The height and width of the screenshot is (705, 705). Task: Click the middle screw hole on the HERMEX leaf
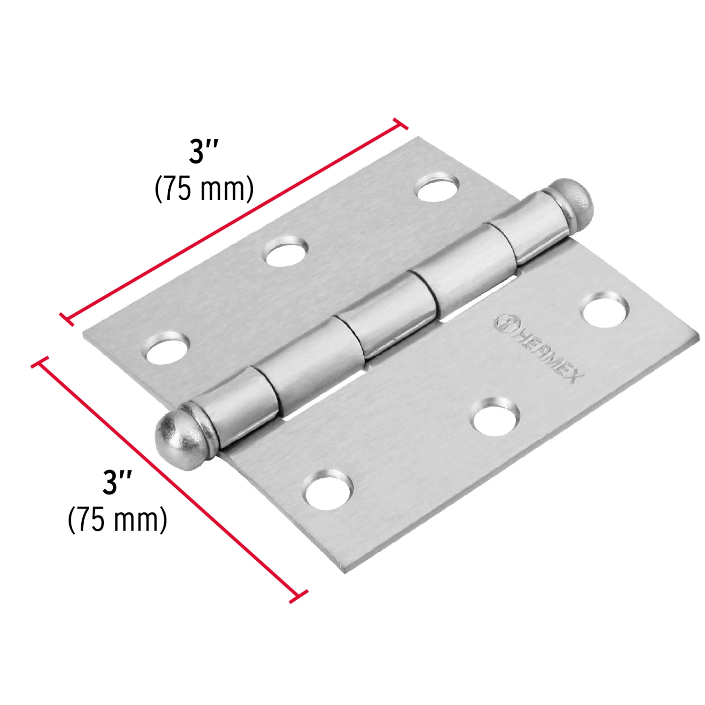(496, 415)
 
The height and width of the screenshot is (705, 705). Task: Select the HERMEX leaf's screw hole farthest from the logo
(328, 491)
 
